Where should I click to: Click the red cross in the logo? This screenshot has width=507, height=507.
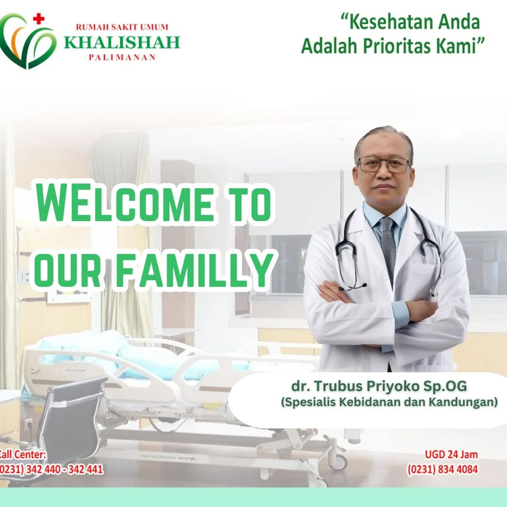click(x=38, y=19)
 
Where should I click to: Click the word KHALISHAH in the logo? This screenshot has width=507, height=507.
click(x=122, y=42)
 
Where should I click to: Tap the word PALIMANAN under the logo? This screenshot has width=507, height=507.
click(x=122, y=58)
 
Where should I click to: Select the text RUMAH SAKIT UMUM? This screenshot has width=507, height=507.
click(x=122, y=27)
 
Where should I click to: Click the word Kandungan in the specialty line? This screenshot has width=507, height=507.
click(x=463, y=402)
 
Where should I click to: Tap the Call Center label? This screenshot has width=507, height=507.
click(x=23, y=454)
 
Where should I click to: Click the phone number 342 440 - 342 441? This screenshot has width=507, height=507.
click(x=64, y=469)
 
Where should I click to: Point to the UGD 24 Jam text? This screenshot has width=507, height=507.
click(x=451, y=454)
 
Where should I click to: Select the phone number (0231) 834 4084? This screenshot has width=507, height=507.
click(x=442, y=469)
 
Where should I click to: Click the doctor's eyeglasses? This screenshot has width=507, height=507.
click(x=384, y=164)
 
